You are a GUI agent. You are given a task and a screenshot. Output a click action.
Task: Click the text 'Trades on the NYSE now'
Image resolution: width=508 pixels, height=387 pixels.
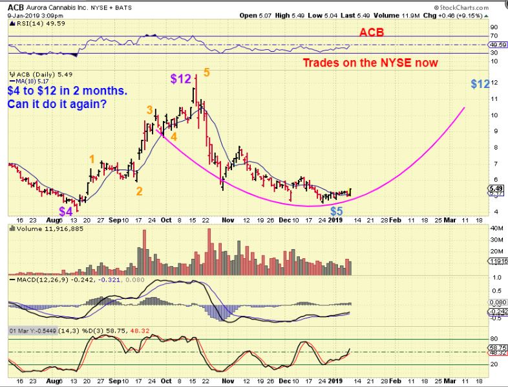pyautogui.click(x=371, y=63)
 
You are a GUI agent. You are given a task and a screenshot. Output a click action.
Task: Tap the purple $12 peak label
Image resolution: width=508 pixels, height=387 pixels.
pyautogui.click(x=181, y=79)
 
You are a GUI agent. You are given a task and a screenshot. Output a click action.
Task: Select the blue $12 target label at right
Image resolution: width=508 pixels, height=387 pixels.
pyautogui.click(x=480, y=83)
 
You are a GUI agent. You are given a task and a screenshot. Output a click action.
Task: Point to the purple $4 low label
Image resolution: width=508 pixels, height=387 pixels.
pyautogui.click(x=67, y=211)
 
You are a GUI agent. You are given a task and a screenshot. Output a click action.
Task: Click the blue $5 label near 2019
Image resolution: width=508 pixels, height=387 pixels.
pyautogui.click(x=336, y=211)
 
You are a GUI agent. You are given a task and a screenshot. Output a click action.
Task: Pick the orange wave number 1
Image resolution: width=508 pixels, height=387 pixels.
pyautogui.click(x=92, y=159)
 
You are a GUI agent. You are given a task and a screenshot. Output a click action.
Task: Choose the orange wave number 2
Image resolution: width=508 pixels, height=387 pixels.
pyautogui.click(x=139, y=191)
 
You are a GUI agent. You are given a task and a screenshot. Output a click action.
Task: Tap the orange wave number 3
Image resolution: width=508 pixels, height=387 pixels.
pyautogui.click(x=149, y=110)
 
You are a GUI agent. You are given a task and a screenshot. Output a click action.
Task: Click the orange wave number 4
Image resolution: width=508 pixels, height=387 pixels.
pyautogui.click(x=174, y=137)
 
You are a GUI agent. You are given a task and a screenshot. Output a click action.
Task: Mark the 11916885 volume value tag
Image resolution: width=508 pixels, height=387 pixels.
pyautogui.click(x=497, y=261)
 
